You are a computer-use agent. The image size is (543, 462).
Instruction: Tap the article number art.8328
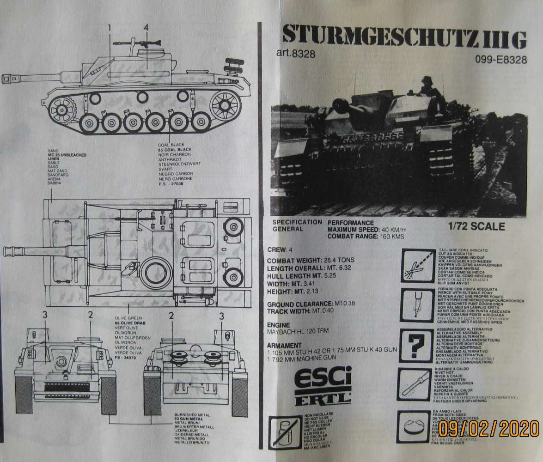click(295, 54)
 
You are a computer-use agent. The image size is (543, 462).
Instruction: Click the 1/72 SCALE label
click(476, 227)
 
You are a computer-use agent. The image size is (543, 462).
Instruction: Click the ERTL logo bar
click(323, 399)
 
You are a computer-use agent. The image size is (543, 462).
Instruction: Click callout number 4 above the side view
click(146, 28)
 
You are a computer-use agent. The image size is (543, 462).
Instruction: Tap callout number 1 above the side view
click(110, 28)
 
